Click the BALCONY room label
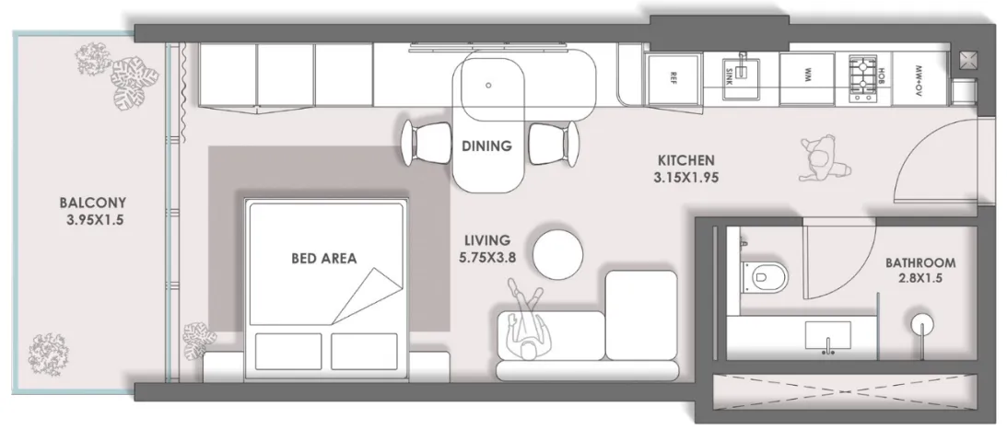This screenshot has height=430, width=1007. [92, 203]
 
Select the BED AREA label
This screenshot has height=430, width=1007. [323, 258]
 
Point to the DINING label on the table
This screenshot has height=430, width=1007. [486, 145]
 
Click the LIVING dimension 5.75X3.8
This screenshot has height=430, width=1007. [488, 258]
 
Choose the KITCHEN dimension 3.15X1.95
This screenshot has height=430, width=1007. [685, 178]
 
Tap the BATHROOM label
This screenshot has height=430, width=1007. [920, 263]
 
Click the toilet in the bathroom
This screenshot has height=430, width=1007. [762, 276]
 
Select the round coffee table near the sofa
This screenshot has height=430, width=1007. [558, 254]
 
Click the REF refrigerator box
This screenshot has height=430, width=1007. [673, 78]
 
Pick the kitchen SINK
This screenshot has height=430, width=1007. [743, 78]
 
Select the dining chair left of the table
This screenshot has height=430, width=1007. [427, 144]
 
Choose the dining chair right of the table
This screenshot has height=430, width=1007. [553, 144]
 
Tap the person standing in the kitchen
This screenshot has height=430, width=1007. [823, 158]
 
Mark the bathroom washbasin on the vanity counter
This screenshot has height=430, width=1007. [828, 335]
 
